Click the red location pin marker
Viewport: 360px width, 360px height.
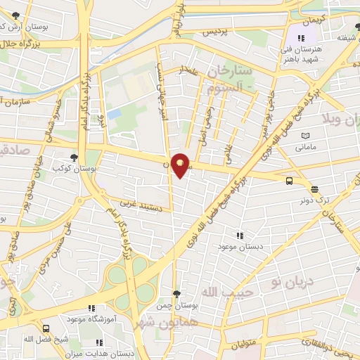coord(181,165)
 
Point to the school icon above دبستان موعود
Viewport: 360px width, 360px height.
coord(240,236)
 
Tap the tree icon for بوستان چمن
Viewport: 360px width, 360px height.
coord(176,294)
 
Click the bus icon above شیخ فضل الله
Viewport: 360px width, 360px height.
coord(46,328)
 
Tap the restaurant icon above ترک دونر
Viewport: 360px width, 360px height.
coord(314,188)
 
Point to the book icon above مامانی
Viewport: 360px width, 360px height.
coord(304,136)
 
